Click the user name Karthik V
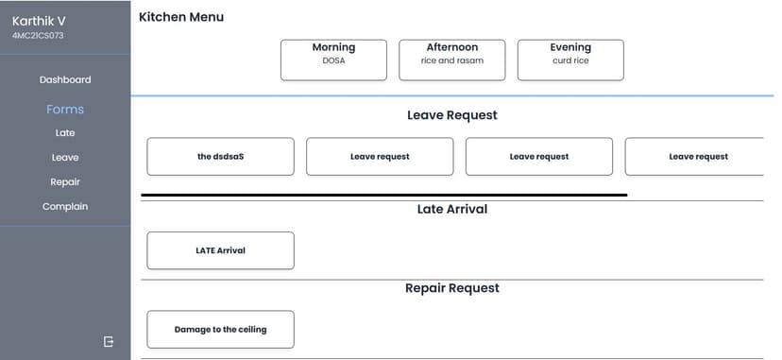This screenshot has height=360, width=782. (x=39, y=21)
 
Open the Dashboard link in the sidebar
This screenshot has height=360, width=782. (x=65, y=80)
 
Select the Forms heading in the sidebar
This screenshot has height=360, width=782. (x=65, y=110)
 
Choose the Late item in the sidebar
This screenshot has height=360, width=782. (x=65, y=133)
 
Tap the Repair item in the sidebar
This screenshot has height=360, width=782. (x=65, y=182)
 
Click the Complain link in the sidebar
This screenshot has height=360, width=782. (x=65, y=207)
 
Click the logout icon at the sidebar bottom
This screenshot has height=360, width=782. (x=109, y=341)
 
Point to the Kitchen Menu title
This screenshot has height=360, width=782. (x=181, y=17)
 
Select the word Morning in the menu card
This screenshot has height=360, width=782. (x=333, y=47)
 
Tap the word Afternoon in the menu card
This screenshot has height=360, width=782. (x=452, y=47)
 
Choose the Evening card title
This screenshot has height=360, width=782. (x=570, y=47)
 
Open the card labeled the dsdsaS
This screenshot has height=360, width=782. (x=220, y=157)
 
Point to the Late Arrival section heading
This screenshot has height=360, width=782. (x=452, y=209)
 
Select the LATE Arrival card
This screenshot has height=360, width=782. (x=220, y=250)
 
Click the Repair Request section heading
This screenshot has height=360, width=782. (x=452, y=288)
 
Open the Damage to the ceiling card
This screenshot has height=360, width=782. (x=220, y=330)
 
